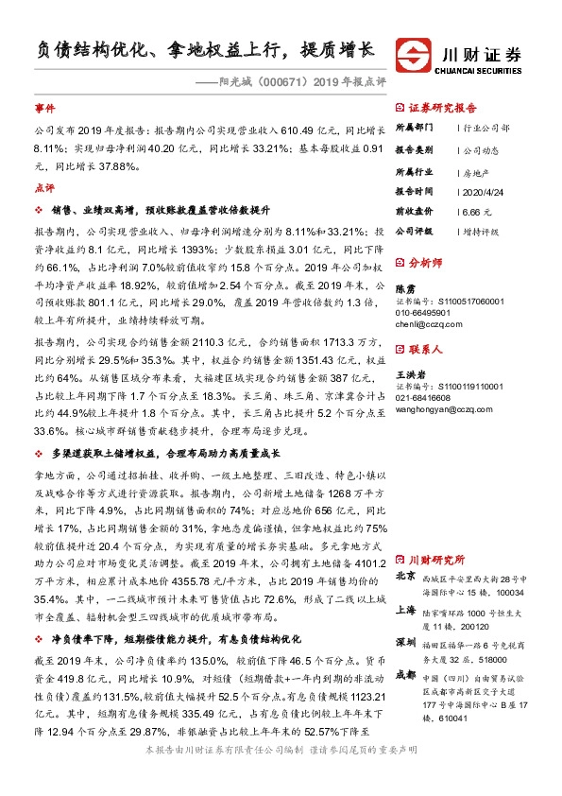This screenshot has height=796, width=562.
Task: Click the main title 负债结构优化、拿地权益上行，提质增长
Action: pos(198,48)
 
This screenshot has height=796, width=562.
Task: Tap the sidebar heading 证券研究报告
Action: pos(442,108)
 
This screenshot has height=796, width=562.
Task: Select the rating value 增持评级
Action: pos(481,231)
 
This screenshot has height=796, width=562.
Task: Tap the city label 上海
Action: pos(405,610)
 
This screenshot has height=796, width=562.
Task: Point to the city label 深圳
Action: pos(405,641)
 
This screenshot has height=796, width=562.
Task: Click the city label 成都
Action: pos(405,674)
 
